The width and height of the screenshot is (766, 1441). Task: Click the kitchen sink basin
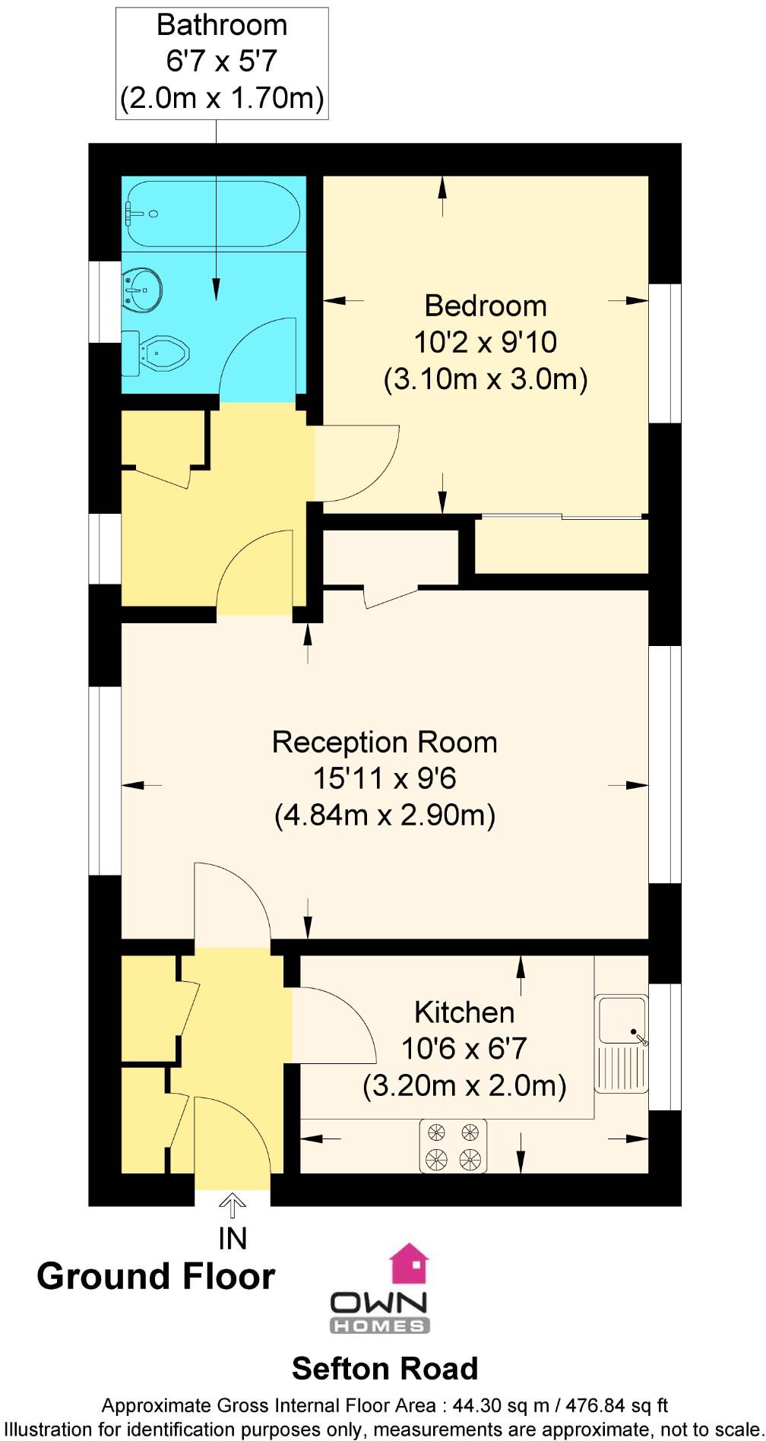(x=622, y=1019)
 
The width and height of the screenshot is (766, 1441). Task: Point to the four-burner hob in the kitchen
(x=453, y=1146)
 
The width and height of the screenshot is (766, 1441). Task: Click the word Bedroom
(x=486, y=306)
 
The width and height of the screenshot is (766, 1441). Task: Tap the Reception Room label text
(x=385, y=743)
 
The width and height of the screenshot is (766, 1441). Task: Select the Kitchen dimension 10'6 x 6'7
(x=464, y=1049)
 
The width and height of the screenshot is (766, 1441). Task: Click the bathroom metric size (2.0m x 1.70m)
(x=222, y=98)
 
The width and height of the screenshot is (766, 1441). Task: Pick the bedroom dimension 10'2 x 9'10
(x=486, y=342)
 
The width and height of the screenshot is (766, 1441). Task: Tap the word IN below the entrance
(x=233, y=1239)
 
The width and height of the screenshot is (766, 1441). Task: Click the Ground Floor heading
(x=156, y=1276)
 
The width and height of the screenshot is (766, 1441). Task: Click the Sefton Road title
(x=385, y=1369)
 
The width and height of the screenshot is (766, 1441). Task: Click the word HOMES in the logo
(x=380, y=1326)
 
